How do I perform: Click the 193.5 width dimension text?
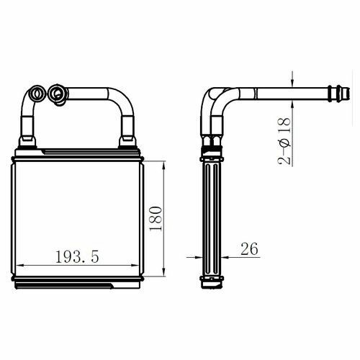click(x=77, y=256)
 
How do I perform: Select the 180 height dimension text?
click(x=156, y=218)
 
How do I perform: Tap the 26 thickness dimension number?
click(x=249, y=248)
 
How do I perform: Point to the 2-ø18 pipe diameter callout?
click(x=284, y=141)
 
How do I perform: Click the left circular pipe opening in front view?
click(x=37, y=94)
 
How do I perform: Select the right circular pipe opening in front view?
click(x=57, y=94)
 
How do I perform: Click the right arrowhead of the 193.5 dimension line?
click(x=135, y=266)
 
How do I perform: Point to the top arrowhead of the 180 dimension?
click(x=164, y=166)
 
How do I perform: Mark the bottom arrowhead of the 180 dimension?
click(x=164, y=272)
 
